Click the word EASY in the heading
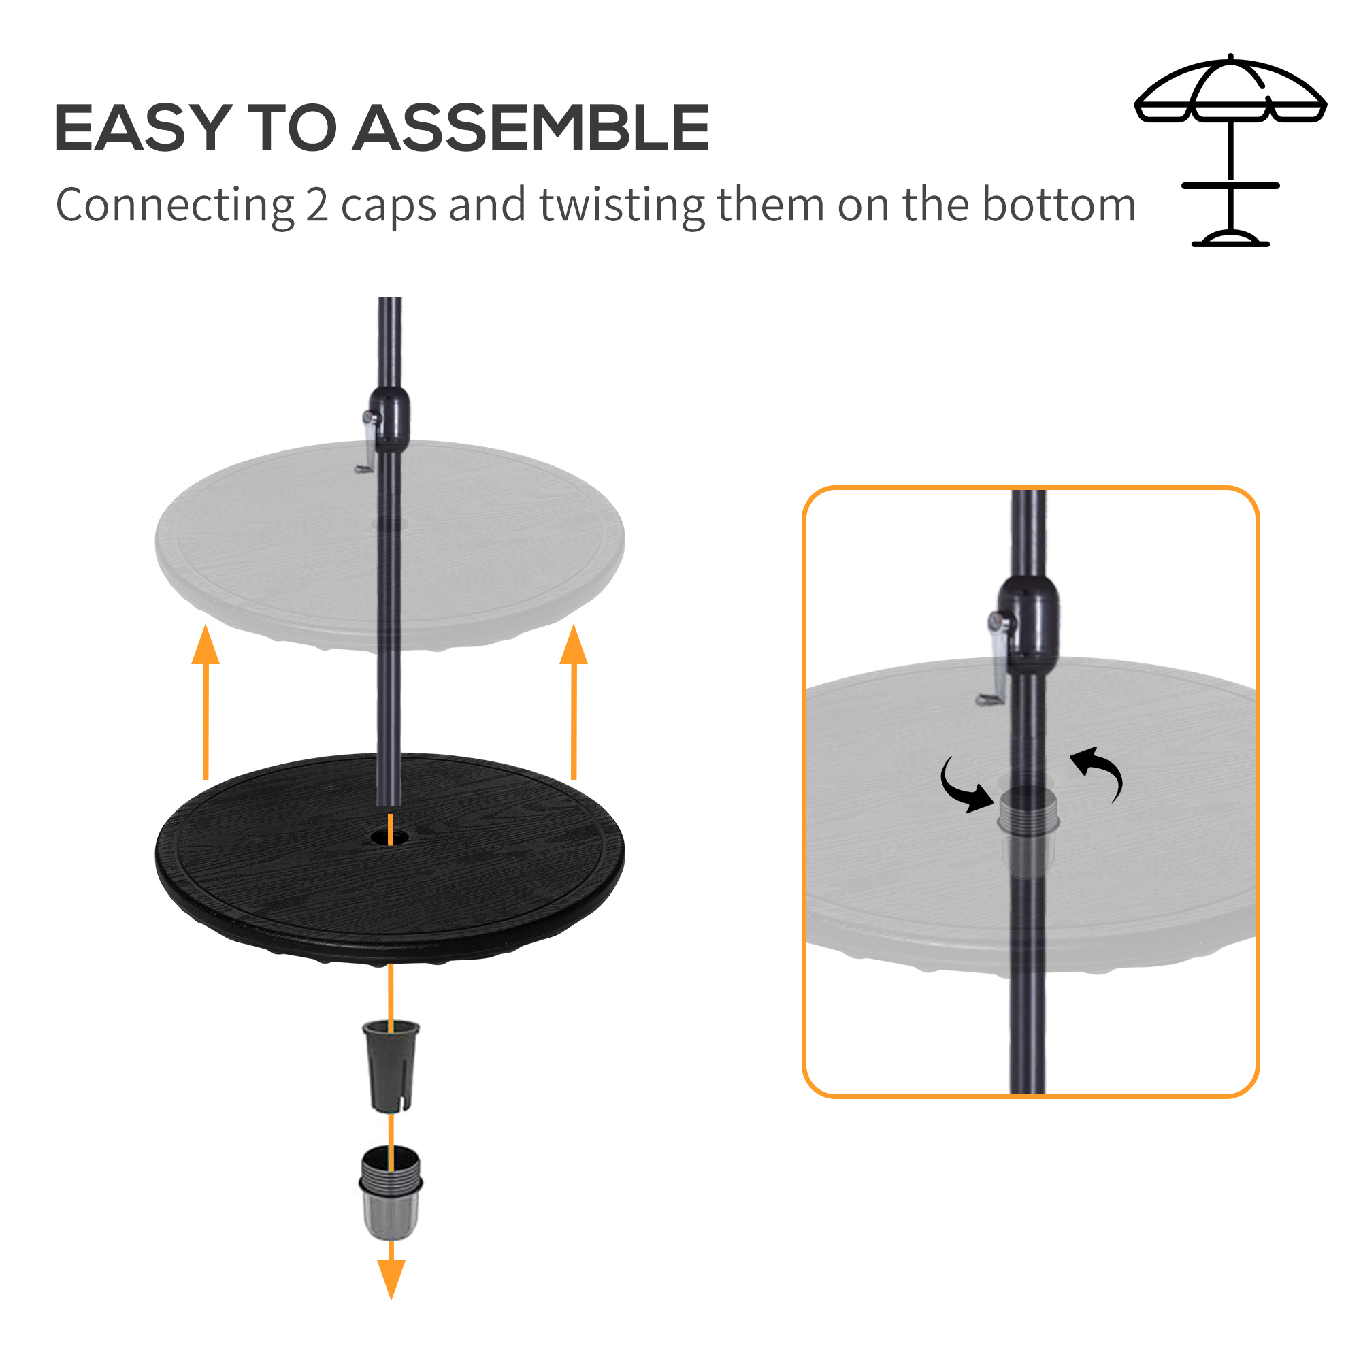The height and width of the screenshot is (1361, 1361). (143, 128)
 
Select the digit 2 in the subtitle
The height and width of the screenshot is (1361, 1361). (317, 206)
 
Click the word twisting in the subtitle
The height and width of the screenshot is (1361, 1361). (622, 206)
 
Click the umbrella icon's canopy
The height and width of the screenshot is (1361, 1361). (1230, 92)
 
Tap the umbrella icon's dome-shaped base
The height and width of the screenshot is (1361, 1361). (1230, 238)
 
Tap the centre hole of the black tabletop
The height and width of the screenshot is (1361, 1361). (389, 838)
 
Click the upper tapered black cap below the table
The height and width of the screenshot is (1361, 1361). (391, 1066)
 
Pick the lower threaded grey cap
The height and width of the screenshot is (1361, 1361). (391, 1193)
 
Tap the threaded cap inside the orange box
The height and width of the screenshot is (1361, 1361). (1028, 817)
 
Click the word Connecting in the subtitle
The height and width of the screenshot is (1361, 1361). (174, 206)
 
